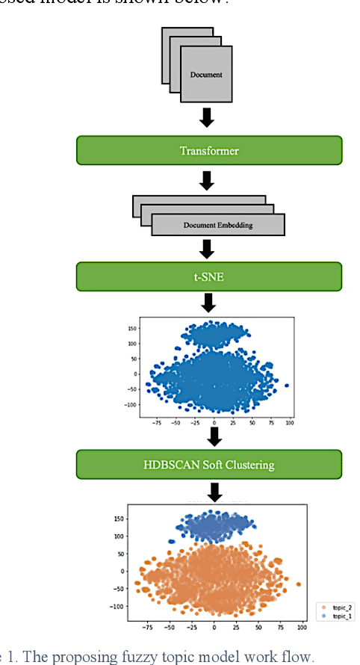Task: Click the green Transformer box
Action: coord(209,150)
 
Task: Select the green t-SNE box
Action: coord(209,276)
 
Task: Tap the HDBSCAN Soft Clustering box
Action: coord(209,464)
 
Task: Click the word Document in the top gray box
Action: coord(206,75)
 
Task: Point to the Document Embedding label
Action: coord(218,225)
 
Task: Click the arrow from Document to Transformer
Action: coord(208,117)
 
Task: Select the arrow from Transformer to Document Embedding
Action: coord(208,180)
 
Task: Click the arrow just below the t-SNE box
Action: coord(209,303)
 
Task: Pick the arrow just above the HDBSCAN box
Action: coord(214,436)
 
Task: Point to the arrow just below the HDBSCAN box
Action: coord(214,492)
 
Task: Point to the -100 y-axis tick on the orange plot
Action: coord(118,606)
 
